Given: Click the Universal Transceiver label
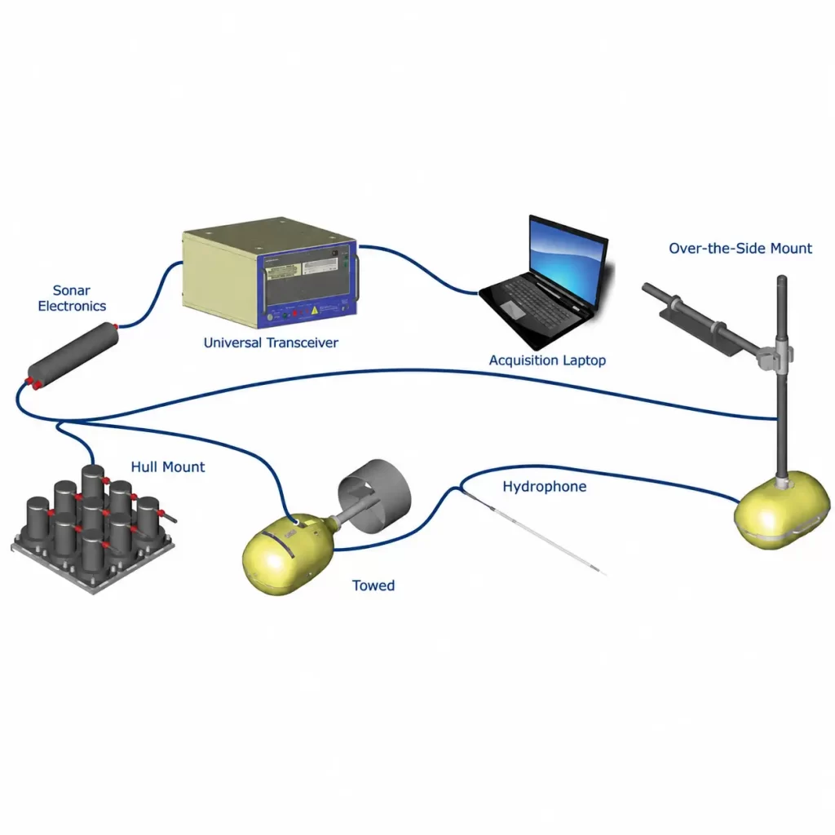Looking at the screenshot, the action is coord(271,342).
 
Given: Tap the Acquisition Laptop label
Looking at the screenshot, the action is coord(547,360).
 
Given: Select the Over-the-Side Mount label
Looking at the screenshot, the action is coord(740,248).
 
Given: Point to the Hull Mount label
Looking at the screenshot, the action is coord(168,467).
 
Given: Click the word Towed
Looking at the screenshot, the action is coord(373,585).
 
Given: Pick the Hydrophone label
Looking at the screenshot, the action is coord(544,487).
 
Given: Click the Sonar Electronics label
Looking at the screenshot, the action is coord(72,298).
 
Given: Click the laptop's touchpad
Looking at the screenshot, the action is coord(514,309).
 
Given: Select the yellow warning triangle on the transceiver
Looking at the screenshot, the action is coord(315,311).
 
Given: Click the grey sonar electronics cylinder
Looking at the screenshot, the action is coord(73,356).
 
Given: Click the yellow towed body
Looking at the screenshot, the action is coord(288,554).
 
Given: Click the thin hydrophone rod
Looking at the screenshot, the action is coord(534,532).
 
